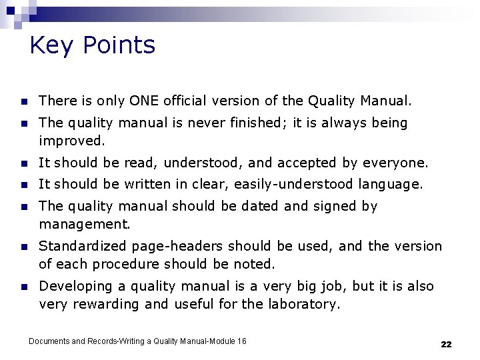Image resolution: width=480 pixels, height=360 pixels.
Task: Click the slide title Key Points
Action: [93, 45]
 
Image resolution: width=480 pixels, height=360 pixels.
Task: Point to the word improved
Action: [71, 141]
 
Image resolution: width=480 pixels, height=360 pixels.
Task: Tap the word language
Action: [390, 184]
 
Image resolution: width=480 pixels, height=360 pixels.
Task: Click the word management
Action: [83, 224]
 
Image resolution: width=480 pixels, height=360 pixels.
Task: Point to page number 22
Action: [446, 344]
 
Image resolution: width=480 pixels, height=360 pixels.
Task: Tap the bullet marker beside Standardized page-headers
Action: [23, 247]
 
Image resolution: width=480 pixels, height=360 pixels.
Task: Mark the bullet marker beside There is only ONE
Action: [23, 102]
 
